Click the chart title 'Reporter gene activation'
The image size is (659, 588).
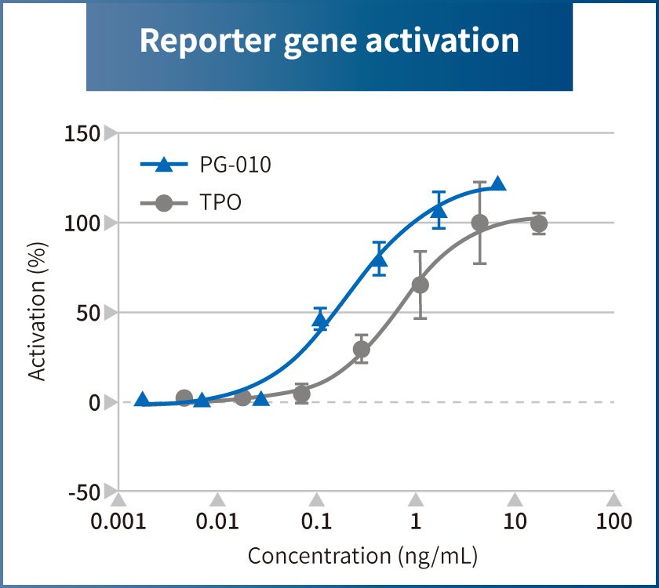tap(329, 41)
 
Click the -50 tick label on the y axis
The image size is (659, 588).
tap(84, 492)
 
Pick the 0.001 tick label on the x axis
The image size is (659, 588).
tap(118, 521)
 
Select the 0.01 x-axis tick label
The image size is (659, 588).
tap(218, 521)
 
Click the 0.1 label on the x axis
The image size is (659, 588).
tap(316, 521)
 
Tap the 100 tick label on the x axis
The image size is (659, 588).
tap(613, 521)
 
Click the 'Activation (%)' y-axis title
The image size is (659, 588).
tap(37, 312)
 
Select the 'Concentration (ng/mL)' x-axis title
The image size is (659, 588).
tap(362, 556)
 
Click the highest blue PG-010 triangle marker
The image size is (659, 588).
tap(497, 184)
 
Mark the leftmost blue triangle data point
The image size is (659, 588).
tap(142, 400)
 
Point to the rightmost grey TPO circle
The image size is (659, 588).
tap(538, 223)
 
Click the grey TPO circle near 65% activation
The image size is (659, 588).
tap(421, 285)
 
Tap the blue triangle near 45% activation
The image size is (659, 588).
tap(320, 319)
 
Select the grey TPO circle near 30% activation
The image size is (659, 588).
tap(361, 349)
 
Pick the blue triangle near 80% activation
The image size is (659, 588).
tap(380, 260)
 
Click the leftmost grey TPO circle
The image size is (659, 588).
tap(184, 397)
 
